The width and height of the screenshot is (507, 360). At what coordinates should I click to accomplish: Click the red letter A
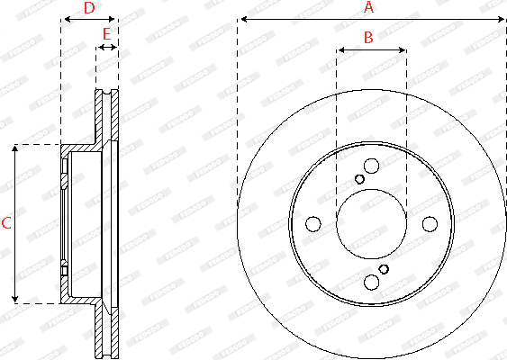coord(367,7)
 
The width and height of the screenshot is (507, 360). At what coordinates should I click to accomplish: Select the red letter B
coord(367,37)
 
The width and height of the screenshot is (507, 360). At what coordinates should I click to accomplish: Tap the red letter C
coord(6,222)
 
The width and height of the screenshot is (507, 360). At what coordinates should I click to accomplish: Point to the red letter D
coord(88,8)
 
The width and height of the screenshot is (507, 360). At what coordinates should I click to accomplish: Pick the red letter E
coord(106,34)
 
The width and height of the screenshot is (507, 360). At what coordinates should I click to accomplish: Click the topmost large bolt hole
coord(372,166)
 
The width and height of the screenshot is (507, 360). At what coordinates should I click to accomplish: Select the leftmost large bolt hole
coord(313,224)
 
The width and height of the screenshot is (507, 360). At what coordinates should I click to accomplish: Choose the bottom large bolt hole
coord(372,283)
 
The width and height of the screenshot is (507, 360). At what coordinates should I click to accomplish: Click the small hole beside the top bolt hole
coord(359,179)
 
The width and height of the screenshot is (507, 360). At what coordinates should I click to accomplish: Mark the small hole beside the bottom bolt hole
coord(385,269)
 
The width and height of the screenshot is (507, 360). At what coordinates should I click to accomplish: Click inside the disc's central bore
coord(371,224)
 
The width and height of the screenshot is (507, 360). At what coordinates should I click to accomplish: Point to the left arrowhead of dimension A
coord(242,19)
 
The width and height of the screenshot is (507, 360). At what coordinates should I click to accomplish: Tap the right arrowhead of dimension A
coord(501,19)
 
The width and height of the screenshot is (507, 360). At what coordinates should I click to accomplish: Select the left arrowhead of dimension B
coord(340,50)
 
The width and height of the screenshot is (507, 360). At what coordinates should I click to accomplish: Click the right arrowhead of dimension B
coord(402,50)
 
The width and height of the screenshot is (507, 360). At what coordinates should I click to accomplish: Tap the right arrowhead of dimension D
coord(113,19)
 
